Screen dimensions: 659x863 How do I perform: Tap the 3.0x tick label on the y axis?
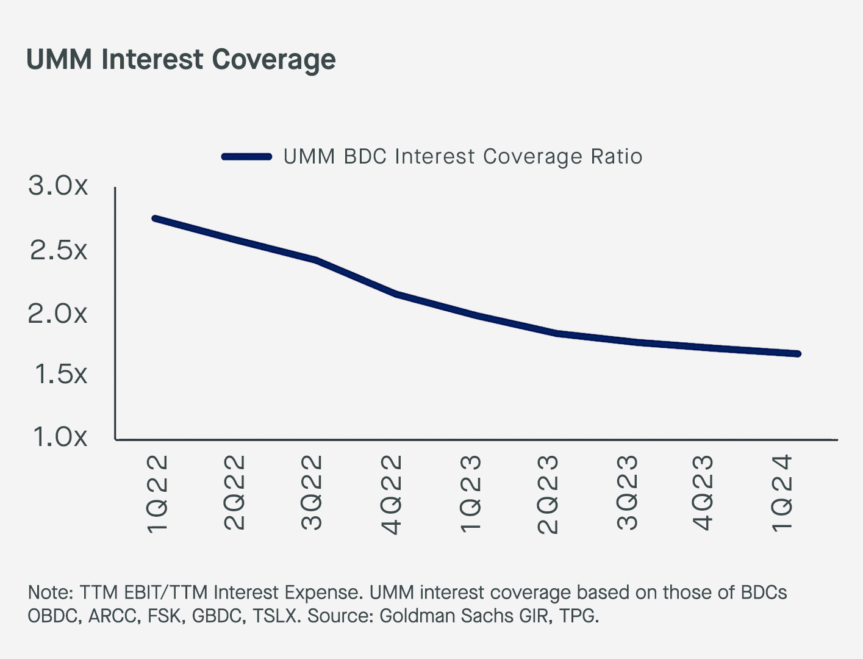(59, 185)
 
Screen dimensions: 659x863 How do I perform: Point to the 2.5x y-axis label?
(59, 250)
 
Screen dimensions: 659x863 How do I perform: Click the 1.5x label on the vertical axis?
(60, 374)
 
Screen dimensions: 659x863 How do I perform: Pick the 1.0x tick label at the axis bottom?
(60, 437)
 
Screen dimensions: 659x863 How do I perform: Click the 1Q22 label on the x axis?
(158, 494)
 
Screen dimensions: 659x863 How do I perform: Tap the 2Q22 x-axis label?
(235, 493)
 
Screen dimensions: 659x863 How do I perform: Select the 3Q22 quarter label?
(312, 493)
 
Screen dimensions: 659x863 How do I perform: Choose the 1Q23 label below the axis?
(471, 494)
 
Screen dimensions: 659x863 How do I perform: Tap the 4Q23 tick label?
(704, 493)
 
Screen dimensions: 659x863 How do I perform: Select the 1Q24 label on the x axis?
(782, 493)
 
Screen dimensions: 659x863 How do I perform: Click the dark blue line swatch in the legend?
(246, 157)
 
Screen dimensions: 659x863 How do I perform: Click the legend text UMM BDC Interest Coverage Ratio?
(463, 157)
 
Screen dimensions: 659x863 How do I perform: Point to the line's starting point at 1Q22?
(155, 218)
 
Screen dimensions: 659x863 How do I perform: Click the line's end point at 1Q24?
(797, 354)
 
